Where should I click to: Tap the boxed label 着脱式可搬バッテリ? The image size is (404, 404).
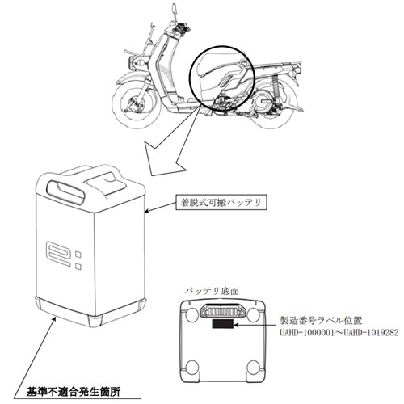(x=221, y=202)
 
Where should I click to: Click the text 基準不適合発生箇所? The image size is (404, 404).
(x=74, y=392)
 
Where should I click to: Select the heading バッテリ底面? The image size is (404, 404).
(x=212, y=291)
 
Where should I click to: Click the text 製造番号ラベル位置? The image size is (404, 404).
(x=321, y=321)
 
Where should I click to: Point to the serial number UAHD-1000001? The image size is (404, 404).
(x=305, y=333)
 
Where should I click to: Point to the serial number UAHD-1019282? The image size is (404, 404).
(x=370, y=333)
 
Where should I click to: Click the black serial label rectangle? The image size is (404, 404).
(x=223, y=324)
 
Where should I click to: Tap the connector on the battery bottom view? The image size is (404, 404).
(x=223, y=311)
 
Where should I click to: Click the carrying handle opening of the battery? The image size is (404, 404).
(x=65, y=189)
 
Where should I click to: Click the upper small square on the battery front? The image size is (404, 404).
(x=78, y=254)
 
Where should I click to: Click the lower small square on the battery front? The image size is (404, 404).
(x=78, y=266)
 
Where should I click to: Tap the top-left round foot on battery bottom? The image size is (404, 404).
(x=191, y=314)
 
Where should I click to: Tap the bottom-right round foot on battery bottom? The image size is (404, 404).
(x=254, y=367)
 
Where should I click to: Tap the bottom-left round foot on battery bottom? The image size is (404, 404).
(x=192, y=367)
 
